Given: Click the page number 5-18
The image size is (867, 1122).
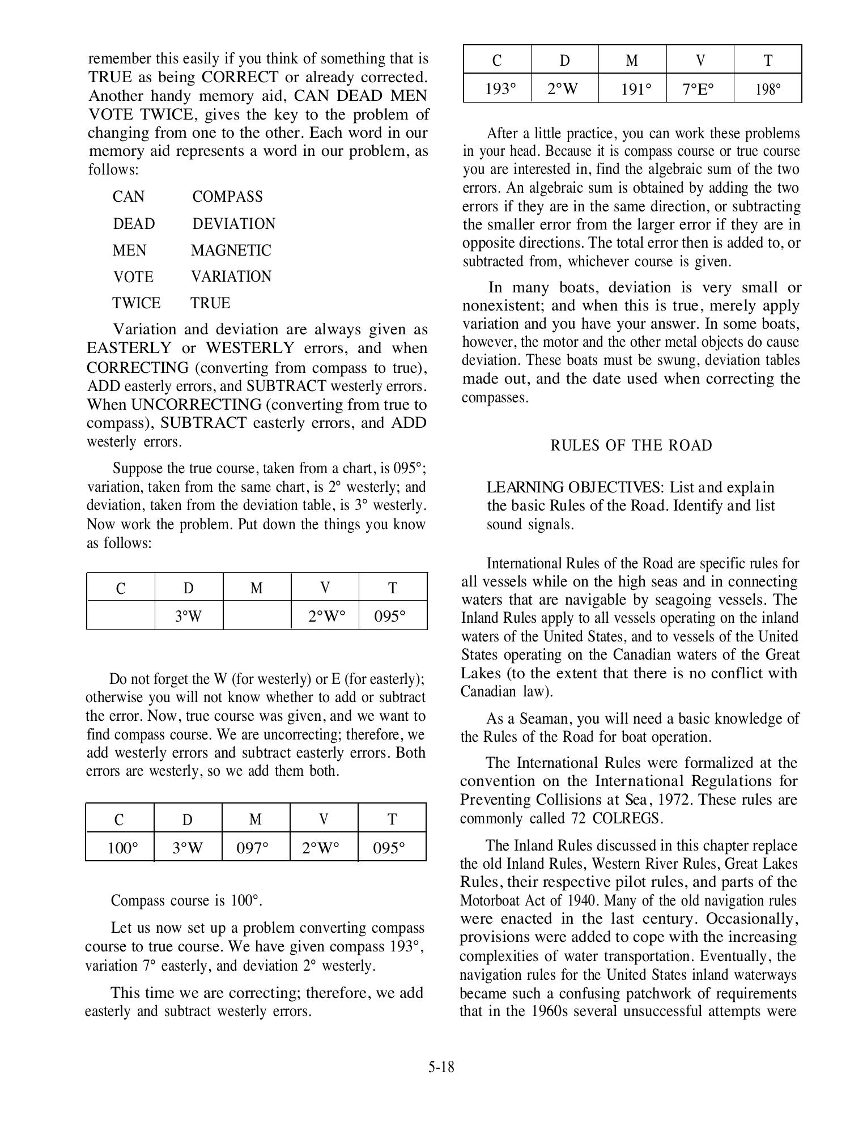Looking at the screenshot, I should pos(441,1067).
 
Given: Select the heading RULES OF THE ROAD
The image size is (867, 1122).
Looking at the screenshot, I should pos(631,445).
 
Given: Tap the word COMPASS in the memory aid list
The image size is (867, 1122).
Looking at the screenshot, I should pos(227,197).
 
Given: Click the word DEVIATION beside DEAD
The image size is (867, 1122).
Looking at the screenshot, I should pos(233,224).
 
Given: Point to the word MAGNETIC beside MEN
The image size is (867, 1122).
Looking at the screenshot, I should pos(231,250).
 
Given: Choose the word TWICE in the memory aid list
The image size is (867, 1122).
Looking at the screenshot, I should pos(136,303).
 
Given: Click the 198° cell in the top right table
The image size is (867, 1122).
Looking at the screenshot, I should pos(767,89).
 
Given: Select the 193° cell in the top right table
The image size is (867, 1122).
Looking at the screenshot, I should pos(497,89).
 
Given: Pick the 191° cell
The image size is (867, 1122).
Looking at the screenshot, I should pos(632,89).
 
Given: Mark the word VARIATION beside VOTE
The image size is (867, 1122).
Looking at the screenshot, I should pos(231,277).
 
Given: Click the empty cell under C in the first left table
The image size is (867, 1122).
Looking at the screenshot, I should pos(120,615).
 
